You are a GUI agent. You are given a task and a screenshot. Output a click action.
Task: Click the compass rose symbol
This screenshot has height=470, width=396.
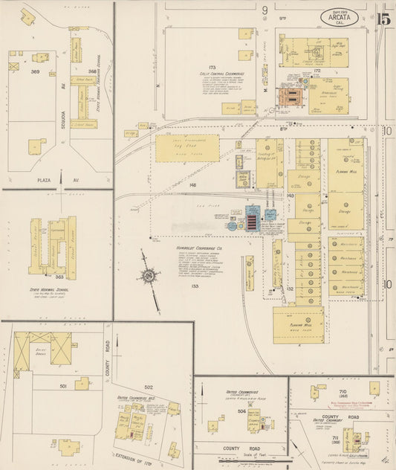[149, 277]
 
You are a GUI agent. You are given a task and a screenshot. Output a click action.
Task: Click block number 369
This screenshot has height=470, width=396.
[34, 71]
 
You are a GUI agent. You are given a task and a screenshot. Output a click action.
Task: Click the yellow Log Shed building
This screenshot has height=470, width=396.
[187, 149]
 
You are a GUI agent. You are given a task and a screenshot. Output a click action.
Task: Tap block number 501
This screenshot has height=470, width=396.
[63, 386]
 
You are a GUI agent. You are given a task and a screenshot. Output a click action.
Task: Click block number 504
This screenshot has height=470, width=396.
[241, 410]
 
